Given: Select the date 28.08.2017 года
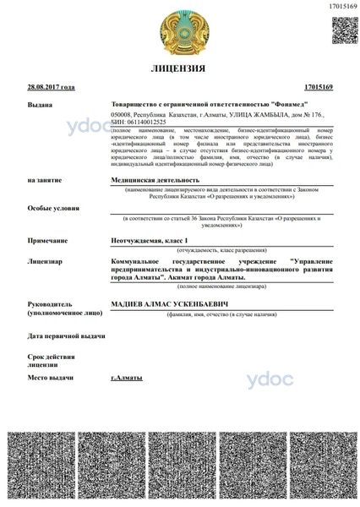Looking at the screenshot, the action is pos(51,87).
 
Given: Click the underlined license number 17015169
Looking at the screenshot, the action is pos(319,87).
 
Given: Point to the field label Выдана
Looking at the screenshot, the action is pos(39,106).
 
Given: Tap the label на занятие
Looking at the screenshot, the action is pos(45,180).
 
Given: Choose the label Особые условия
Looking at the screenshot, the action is pos(51,207).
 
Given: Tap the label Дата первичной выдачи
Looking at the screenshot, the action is pos(67,336).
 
